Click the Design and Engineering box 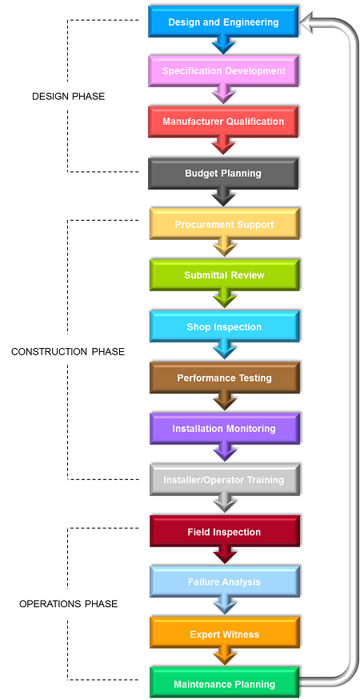click(223, 22)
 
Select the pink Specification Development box click(223, 71)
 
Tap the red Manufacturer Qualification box click(223, 122)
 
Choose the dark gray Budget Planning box click(223, 174)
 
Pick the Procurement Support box click(224, 224)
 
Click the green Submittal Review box click(224, 275)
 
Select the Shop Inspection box click(224, 326)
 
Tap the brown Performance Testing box click(224, 378)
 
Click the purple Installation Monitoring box click(224, 429)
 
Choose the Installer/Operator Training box click(224, 480)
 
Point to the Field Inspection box click(224, 531)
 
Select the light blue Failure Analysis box click(224, 582)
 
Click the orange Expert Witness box click(224, 634)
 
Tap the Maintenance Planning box click(224, 683)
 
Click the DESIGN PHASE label click(68, 97)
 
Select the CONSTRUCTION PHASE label click(68, 352)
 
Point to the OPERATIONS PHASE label click(68, 604)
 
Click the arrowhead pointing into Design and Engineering click(309, 22)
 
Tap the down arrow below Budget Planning click(223, 197)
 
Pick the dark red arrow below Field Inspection click(224, 555)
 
